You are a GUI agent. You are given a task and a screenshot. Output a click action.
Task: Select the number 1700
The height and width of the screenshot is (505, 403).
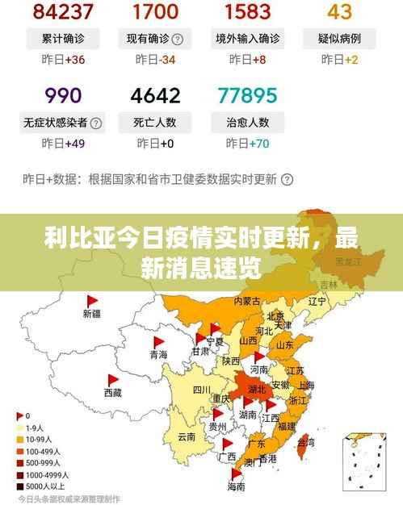click(x=154, y=11)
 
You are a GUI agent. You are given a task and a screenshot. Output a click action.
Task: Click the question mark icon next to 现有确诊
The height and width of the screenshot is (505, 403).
click(x=177, y=39)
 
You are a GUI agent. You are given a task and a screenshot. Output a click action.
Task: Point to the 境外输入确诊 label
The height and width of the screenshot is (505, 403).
click(x=248, y=38)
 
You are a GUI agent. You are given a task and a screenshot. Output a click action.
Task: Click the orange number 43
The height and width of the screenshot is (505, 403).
click(x=339, y=11)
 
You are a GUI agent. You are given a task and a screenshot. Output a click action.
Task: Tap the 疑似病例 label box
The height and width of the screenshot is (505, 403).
click(x=339, y=38)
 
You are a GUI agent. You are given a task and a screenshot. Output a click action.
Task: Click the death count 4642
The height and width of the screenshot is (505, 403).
click(x=154, y=95)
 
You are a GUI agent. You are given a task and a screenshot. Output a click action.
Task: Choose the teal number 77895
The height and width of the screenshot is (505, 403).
click(x=247, y=95)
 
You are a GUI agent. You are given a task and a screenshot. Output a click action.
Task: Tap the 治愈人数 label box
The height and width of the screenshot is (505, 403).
click(x=247, y=123)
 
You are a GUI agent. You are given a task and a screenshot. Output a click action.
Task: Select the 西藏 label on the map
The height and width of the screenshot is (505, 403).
click(x=112, y=392)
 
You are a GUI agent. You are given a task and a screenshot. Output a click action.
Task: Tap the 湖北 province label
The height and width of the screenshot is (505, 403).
click(x=256, y=388)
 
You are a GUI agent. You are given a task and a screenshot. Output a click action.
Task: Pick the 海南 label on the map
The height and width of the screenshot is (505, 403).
click(x=236, y=487)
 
